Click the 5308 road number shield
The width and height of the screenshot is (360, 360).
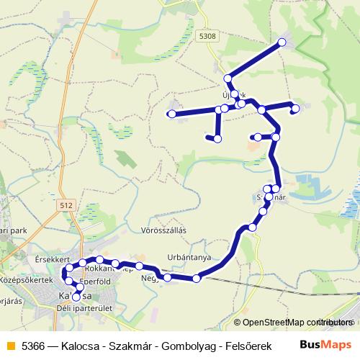pyautogui.click(x=209, y=35)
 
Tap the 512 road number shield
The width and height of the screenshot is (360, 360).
pyautogui.click(x=68, y=206)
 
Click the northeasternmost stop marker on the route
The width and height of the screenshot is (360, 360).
pyautogui.click(x=282, y=42)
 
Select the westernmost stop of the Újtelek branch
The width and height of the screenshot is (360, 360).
pyautogui.click(x=171, y=114)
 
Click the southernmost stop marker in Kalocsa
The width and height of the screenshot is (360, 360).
pyautogui.click(x=76, y=297)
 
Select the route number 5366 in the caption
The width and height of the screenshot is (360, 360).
pyautogui.click(x=32, y=344)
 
